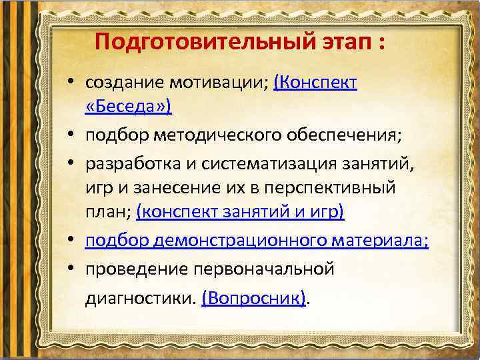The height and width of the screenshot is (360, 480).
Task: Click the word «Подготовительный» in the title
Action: tap(193, 43)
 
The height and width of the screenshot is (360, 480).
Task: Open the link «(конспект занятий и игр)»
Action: tap(240, 212)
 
